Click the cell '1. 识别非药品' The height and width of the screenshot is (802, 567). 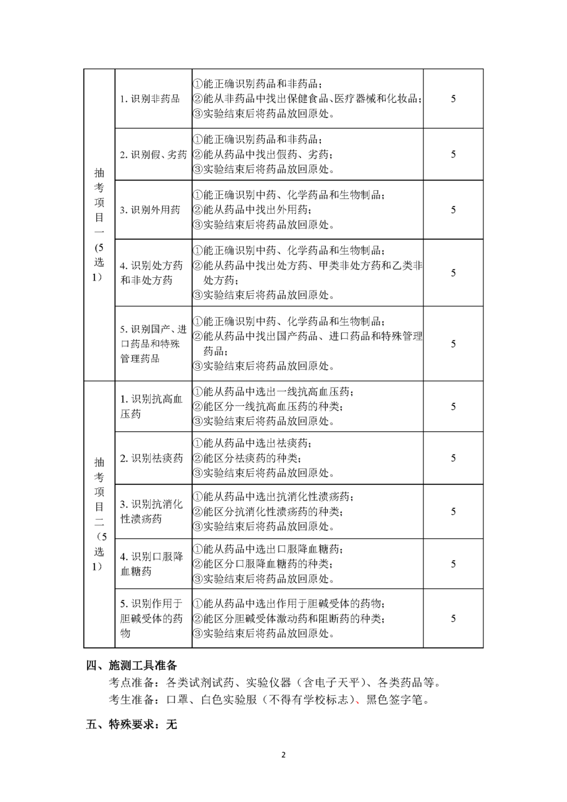[x=150, y=99]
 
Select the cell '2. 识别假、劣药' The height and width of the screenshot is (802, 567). [x=153, y=154]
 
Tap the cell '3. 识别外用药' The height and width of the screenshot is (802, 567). [x=150, y=210]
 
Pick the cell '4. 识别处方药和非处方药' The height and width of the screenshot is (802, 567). [x=151, y=273]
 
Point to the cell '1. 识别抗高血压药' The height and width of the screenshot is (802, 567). [x=151, y=407]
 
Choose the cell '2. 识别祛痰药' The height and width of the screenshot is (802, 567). [x=151, y=458]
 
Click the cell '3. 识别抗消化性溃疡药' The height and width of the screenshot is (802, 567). [x=151, y=512]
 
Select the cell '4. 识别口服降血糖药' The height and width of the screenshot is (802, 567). [x=151, y=564]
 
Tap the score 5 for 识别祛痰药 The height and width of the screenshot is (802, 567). [x=453, y=458]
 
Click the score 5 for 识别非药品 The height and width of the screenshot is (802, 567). [x=453, y=99]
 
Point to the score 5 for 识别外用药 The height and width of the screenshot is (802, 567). [x=453, y=210]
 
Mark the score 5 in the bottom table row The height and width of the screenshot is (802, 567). [x=453, y=619]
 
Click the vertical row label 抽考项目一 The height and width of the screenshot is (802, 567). [x=99, y=225]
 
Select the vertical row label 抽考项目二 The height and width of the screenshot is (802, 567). [x=99, y=514]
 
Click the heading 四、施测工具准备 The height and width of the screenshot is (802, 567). [x=132, y=666]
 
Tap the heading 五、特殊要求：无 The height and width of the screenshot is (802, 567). [x=132, y=725]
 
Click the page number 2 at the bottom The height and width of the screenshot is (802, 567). [x=283, y=755]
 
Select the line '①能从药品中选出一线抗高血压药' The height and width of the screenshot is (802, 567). [x=273, y=392]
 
